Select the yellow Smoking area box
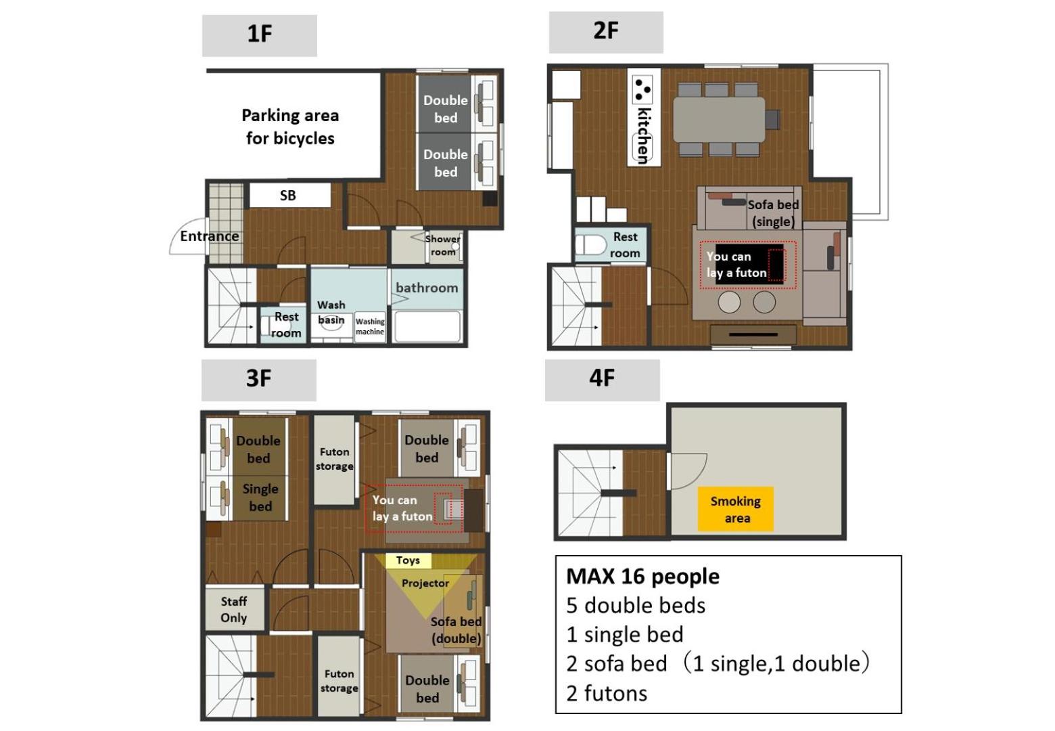point(736,509)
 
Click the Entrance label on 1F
point(210,236)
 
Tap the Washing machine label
point(370,326)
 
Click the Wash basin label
point(331,312)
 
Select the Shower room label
point(443,245)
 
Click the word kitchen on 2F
point(644,136)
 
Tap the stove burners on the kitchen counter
point(642,89)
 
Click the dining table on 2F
point(719,119)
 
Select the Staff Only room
point(234,609)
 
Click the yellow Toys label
point(408,560)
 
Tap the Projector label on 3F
point(425,583)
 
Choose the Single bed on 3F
point(260,497)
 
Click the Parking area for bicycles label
point(290,127)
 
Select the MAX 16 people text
point(643,577)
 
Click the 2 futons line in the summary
point(607,694)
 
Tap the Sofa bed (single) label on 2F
point(774,213)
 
